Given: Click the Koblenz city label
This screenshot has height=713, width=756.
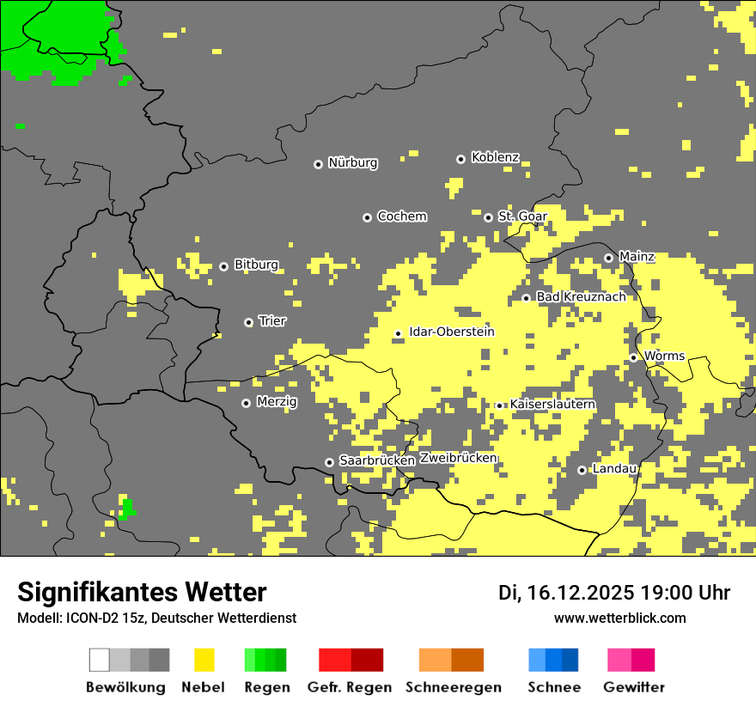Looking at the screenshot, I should pyautogui.click(x=495, y=157).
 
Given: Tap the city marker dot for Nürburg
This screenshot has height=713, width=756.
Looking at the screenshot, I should pyautogui.click(x=318, y=163).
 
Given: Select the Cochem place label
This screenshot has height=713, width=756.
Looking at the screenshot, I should pyautogui.click(x=401, y=216).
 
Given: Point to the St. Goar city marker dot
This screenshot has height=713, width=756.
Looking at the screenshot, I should pyautogui.click(x=488, y=217).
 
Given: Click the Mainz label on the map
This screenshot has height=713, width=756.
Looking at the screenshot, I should pyautogui.click(x=637, y=257).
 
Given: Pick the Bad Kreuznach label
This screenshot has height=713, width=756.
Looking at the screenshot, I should pyautogui.click(x=581, y=296).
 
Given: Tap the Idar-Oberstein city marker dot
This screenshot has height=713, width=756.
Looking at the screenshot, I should pyautogui.click(x=398, y=333).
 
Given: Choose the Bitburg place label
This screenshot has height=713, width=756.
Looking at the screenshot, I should pyautogui.click(x=256, y=265).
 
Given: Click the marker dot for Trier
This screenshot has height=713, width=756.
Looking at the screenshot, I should pyautogui.click(x=248, y=322).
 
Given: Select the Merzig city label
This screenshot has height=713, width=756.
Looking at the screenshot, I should pyautogui.click(x=277, y=402).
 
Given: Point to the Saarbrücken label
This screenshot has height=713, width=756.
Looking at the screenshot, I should pyautogui.click(x=377, y=460).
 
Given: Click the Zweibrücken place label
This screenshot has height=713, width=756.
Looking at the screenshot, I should pyautogui.click(x=458, y=458).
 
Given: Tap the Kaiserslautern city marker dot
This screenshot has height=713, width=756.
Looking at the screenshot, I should pyautogui.click(x=499, y=405).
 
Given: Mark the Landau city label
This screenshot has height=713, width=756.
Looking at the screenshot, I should pyautogui.click(x=614, y=469).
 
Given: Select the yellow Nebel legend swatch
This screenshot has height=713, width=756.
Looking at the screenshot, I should pyautogui.click(x=204, y=660).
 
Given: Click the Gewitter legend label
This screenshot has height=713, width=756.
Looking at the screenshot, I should pyautogui.click(x=633, y=687).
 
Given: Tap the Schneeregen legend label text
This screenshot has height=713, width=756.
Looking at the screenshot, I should pyautogui.click(x=453, y=687).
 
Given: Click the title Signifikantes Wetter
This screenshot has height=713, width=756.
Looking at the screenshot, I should pyautogui.click(x=142, y=593).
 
